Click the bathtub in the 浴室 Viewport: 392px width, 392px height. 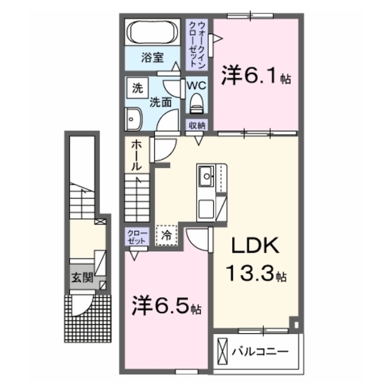pyautogui.click(x=153, y=32)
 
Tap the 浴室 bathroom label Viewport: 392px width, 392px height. pyautogui.click(x=153, y=58)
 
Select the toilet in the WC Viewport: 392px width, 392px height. pyautogui.click(x=197, y=104)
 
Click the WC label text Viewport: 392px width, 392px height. pyautogui.click(x=197, y=86)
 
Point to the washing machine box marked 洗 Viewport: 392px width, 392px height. pyautogui.click(x=137, y=88)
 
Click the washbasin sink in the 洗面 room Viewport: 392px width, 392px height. pyautogui.click(x=134, y=119)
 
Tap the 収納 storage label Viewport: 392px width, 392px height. pyautogui.click(x=197, y=126)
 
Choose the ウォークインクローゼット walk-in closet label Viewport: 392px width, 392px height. pyautogui.click(x=197, y=45)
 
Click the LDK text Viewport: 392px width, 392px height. pyautogui.click(x=255, y=246)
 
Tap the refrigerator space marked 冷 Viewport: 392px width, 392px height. pyautogui.click(x=167, y=235)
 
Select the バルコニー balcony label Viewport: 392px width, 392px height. pyautogui.click(x=260, y=352)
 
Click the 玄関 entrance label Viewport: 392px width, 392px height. pyautogui.click(x=82, y=277)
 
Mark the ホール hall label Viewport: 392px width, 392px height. pyautogui.click(x=137, y=155)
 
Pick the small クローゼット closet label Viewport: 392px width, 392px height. pyautogui.click(x=137, y=236)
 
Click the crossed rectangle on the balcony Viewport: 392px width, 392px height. pyautogui.click(x=222, y=351)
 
